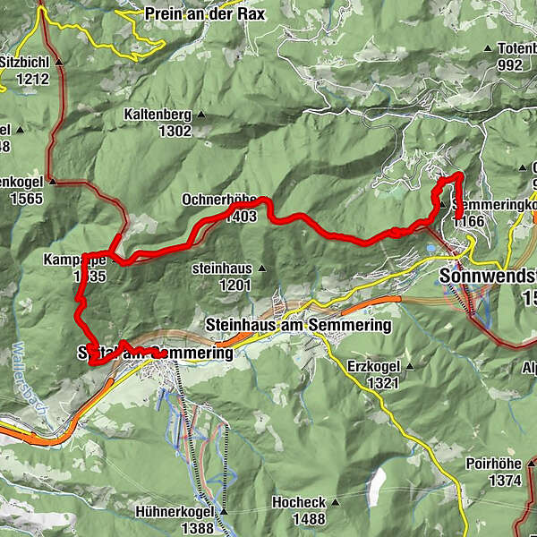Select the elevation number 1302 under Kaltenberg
[x=174, y=131]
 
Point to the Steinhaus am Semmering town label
[x=298, y=325]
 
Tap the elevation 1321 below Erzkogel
[x=383, y=383]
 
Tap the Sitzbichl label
[x=26, y=64]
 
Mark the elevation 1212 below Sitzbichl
[x=25, y=79]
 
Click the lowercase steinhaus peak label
[x=222, y=268]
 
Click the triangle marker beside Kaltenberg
[x=202, y=115]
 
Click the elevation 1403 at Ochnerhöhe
[x=242, y=216]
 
